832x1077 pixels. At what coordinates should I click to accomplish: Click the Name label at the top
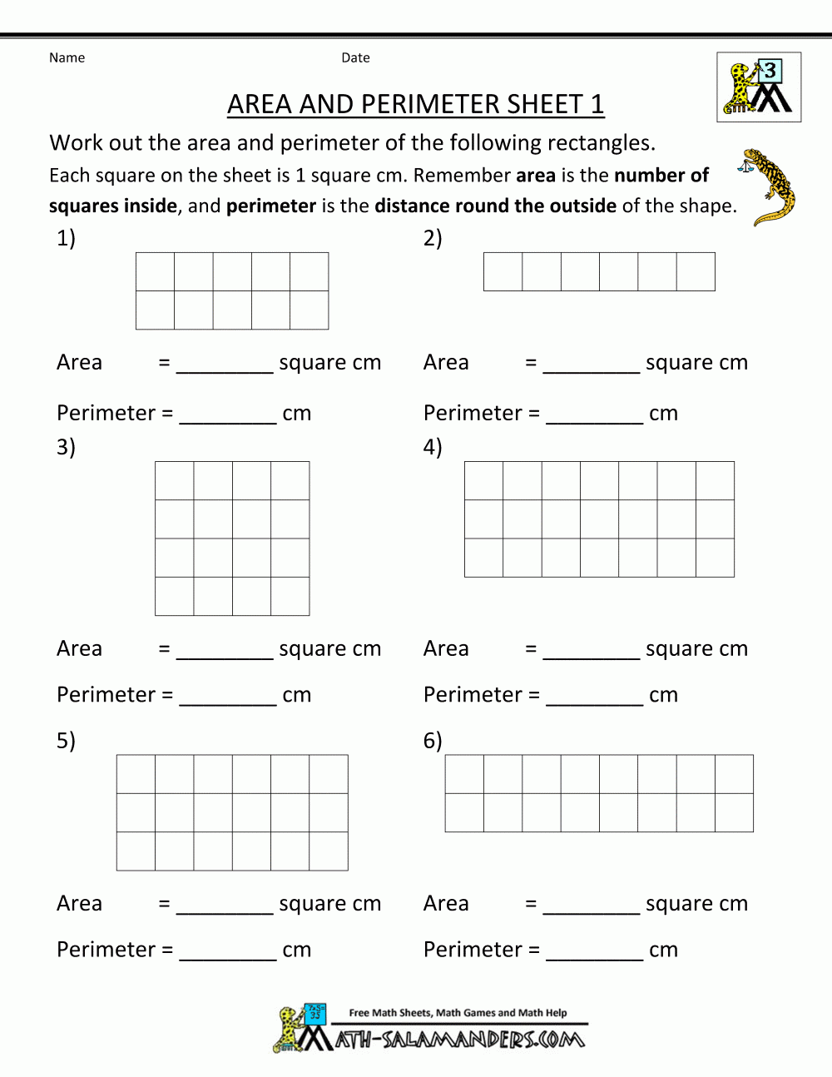(x=67, y=57)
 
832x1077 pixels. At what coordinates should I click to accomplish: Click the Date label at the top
(x=355, y=57)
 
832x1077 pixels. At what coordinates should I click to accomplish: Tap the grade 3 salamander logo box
(x=759, y=87)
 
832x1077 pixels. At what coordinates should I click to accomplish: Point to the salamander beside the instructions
(x=770, y=187)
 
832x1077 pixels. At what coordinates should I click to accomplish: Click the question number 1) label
(x=66, y=238)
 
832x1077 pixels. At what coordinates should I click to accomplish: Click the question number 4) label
(x=433, y=447)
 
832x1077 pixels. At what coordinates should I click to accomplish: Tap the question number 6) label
(x=433, y=740)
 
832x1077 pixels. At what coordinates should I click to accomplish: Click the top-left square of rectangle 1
(x=155, y=271)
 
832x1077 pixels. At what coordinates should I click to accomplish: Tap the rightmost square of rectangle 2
(x=696, y=271)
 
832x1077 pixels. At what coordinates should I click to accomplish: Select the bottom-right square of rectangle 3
(x=290, y=596)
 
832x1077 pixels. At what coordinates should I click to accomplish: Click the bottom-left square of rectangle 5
(x=136, y=851)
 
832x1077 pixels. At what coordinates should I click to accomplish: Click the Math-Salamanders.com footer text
(x=460, y=1039)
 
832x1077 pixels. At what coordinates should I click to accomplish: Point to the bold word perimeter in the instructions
(x=271, y=206)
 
